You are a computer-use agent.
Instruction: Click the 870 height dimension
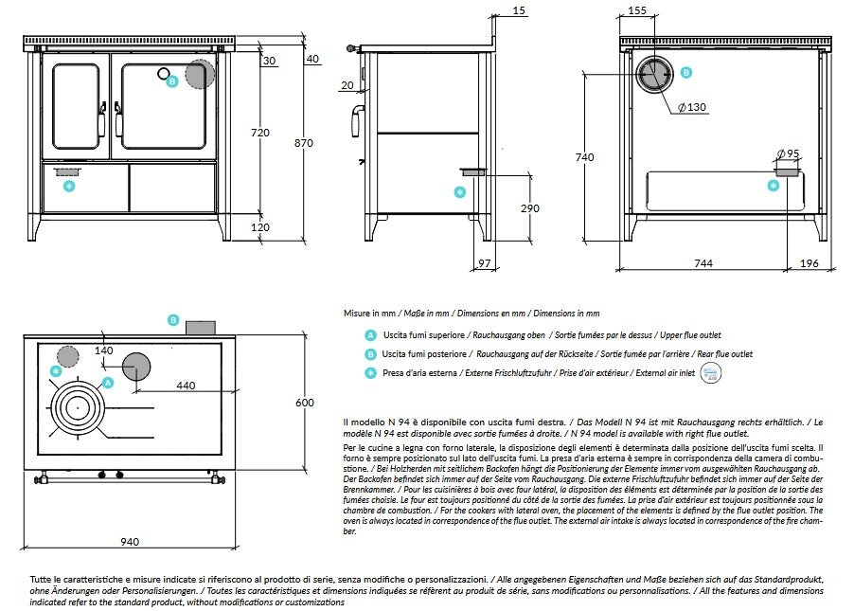(x=303, y=143)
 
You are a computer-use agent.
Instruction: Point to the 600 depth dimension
(x=304, y=403)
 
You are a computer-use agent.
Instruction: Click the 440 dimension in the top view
(x=186, y=386)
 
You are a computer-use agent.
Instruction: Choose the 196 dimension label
(x=810, y=262)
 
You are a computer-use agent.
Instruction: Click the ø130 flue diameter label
(x=692, y=107)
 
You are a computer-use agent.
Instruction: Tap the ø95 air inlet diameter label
(x=787, y=153)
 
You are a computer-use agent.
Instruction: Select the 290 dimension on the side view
(x=529, y=207)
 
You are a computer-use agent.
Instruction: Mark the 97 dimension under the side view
(x=484, y=263)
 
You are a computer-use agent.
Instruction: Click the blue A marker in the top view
(x=108, y=383)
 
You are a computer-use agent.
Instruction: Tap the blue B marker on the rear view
(x=686, y=72)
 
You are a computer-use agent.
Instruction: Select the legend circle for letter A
(x=370, y=335)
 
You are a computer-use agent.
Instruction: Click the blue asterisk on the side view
(x=460, y=192)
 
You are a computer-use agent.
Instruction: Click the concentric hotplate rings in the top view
(x=77, y=406)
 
